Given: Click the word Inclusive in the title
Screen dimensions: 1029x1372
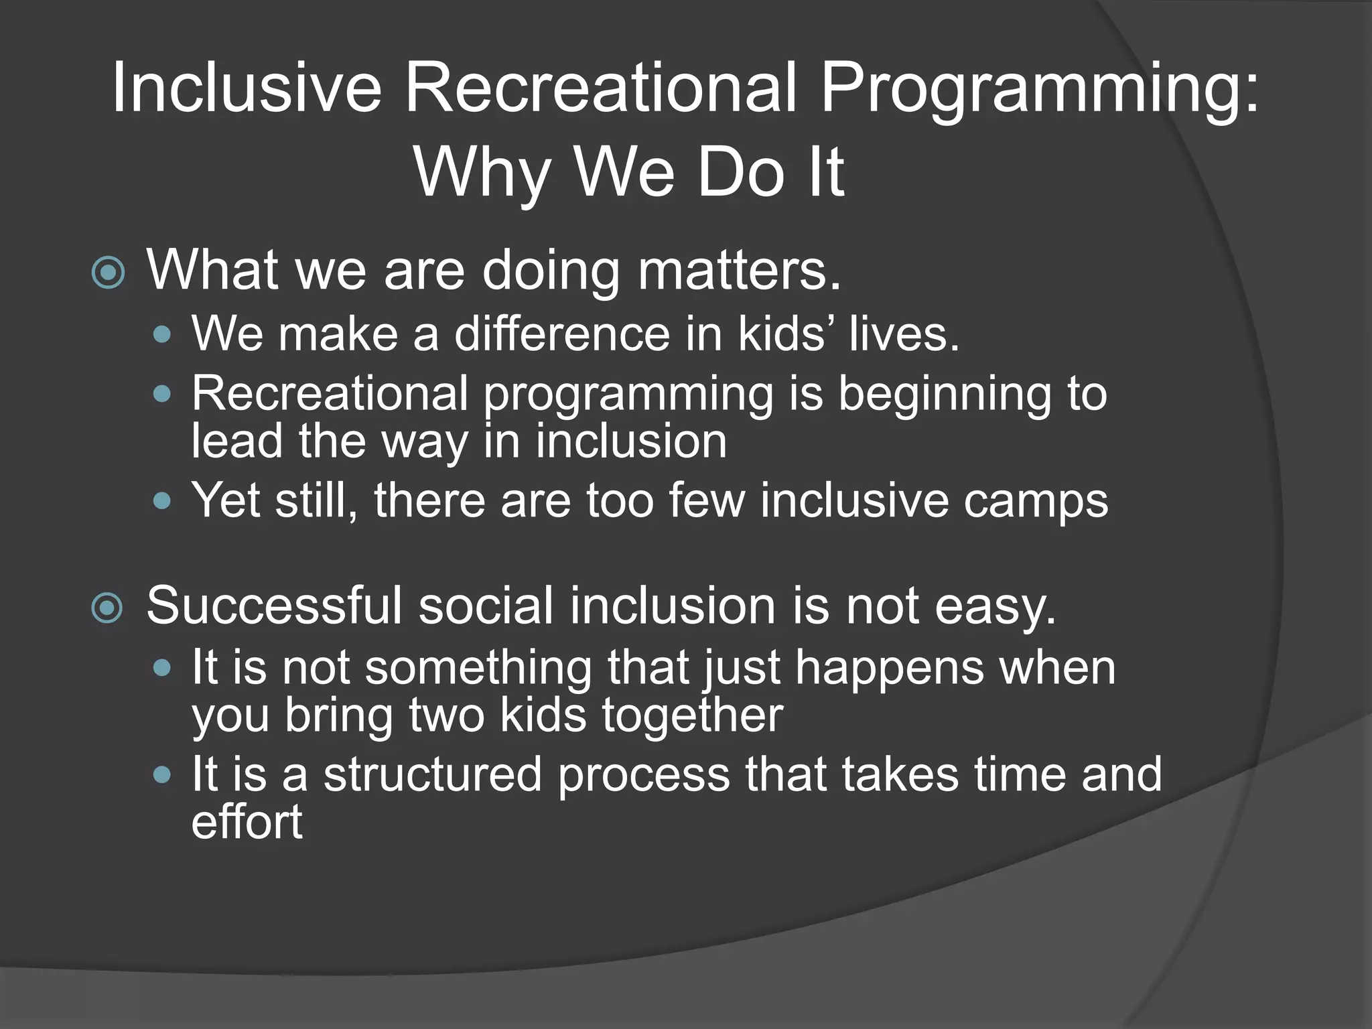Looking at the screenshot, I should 246,88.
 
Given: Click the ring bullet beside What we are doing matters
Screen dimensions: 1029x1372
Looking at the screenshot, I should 108,273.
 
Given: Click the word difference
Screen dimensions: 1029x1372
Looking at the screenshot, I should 561,333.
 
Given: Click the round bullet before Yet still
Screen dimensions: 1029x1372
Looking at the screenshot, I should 162,500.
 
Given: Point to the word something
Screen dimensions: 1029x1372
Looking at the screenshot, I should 478,668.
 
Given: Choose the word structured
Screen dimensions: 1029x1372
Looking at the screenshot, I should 433,774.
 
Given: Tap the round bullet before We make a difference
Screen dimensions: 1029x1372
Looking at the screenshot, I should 162,334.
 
